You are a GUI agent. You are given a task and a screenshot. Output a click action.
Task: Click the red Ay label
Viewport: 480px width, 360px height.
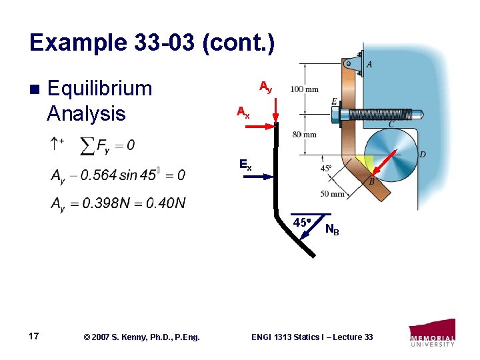pyautogui.click(x=265, y=87)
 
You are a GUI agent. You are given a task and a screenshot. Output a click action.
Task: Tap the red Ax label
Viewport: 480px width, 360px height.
pyautogui.click(x=243, y=113)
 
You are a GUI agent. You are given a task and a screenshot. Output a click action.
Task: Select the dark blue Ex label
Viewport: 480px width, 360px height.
pyautogui.click(x=245, y=165)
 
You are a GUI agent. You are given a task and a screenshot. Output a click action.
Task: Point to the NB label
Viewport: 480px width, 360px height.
pyautogui.click(x=331, y=230)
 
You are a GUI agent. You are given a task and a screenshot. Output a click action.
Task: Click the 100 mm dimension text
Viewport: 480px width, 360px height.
pyautogui.click(x=304, y=89)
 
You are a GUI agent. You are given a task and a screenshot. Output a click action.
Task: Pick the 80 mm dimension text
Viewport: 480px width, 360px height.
pyautogui.click(x=305, y=135)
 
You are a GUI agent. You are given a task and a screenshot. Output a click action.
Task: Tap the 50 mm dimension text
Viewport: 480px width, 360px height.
pyautogui.click(x=333, y=194)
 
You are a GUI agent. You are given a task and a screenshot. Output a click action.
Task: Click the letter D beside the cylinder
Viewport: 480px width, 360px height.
pyautogui.click(x=422, y=155)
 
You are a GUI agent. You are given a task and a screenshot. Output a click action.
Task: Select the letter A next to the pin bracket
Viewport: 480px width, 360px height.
pyautogui.click(x=369, y=64)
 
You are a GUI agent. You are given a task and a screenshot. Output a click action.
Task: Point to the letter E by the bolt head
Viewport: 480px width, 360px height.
pyautogui.click(x=334, y=101)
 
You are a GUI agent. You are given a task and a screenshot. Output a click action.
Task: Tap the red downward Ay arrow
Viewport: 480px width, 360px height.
pyautogui.click(x=276, y=110)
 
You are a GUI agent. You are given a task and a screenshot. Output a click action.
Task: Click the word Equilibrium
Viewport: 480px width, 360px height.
pyautogui.click(x=100, y=89)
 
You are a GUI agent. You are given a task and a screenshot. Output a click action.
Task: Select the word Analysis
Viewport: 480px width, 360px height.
pyautogui.click(x=86, y=113)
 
